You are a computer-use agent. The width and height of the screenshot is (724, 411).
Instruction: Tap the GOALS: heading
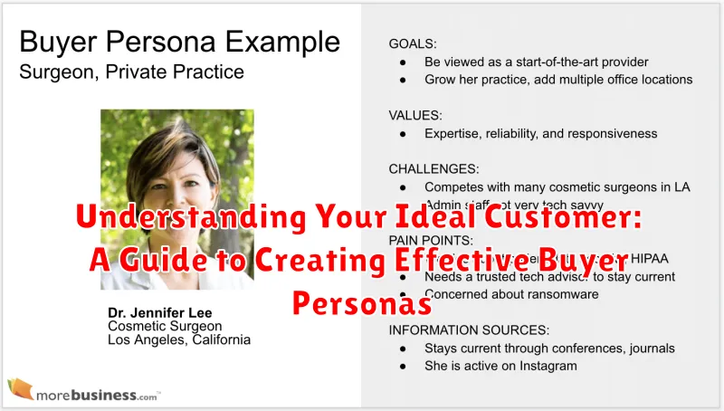(x=413, y=43)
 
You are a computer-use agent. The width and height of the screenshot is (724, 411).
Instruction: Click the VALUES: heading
(x=415, y=115)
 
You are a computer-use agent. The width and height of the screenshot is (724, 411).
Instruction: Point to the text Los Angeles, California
(x=178, y=339)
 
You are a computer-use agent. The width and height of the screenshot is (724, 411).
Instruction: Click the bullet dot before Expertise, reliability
(x=402, y=134)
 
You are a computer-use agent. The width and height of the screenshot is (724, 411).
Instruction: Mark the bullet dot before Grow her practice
(x=402, y=80)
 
